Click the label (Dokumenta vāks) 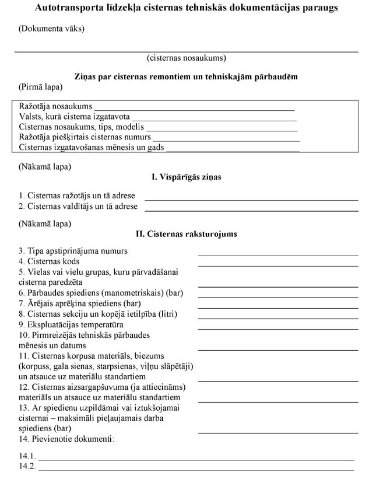pyautogui.click(x=51, y=29)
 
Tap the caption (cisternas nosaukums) pyautogui.click(x=187, y=58)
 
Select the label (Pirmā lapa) pyautogui.click(x=41, y=87)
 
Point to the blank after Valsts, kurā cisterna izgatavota pyautogui.click(x=214, y=118)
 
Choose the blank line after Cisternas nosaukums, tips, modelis pyautogui.click(x=222, y=128)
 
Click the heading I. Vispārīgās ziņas pyautogui.click(x=187, y=177)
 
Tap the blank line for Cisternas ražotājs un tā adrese pyautogui.click(x=251, y=199)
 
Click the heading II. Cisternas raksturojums pyautogui.click(x=187, y=234)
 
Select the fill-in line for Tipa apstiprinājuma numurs pyautogui.click(x=278, y=254)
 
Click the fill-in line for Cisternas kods pyautogui.click(x=278, y=265)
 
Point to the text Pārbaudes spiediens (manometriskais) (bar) pyautogui.click(x=101, y=293)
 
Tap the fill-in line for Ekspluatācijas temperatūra pyautogui.click(x=278, y=328)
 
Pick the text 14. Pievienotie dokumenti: pyautogui.click(x=66, y=438)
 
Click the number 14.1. pyautogui.click(x=27, y=456)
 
